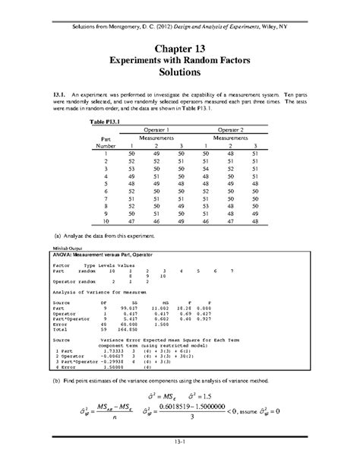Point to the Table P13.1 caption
106,122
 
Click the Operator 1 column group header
155,131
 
